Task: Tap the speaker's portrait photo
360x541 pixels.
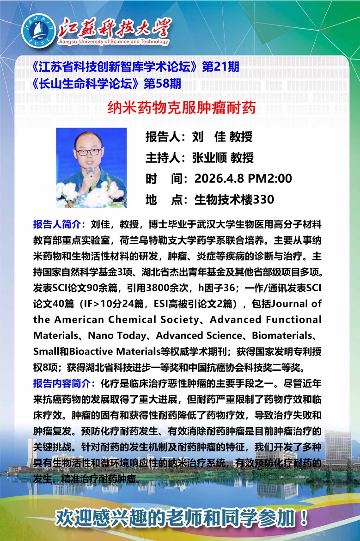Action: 91,167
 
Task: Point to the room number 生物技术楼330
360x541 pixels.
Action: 234,199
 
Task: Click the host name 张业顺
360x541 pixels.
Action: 209,158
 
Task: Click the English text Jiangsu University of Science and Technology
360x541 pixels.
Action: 114,42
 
